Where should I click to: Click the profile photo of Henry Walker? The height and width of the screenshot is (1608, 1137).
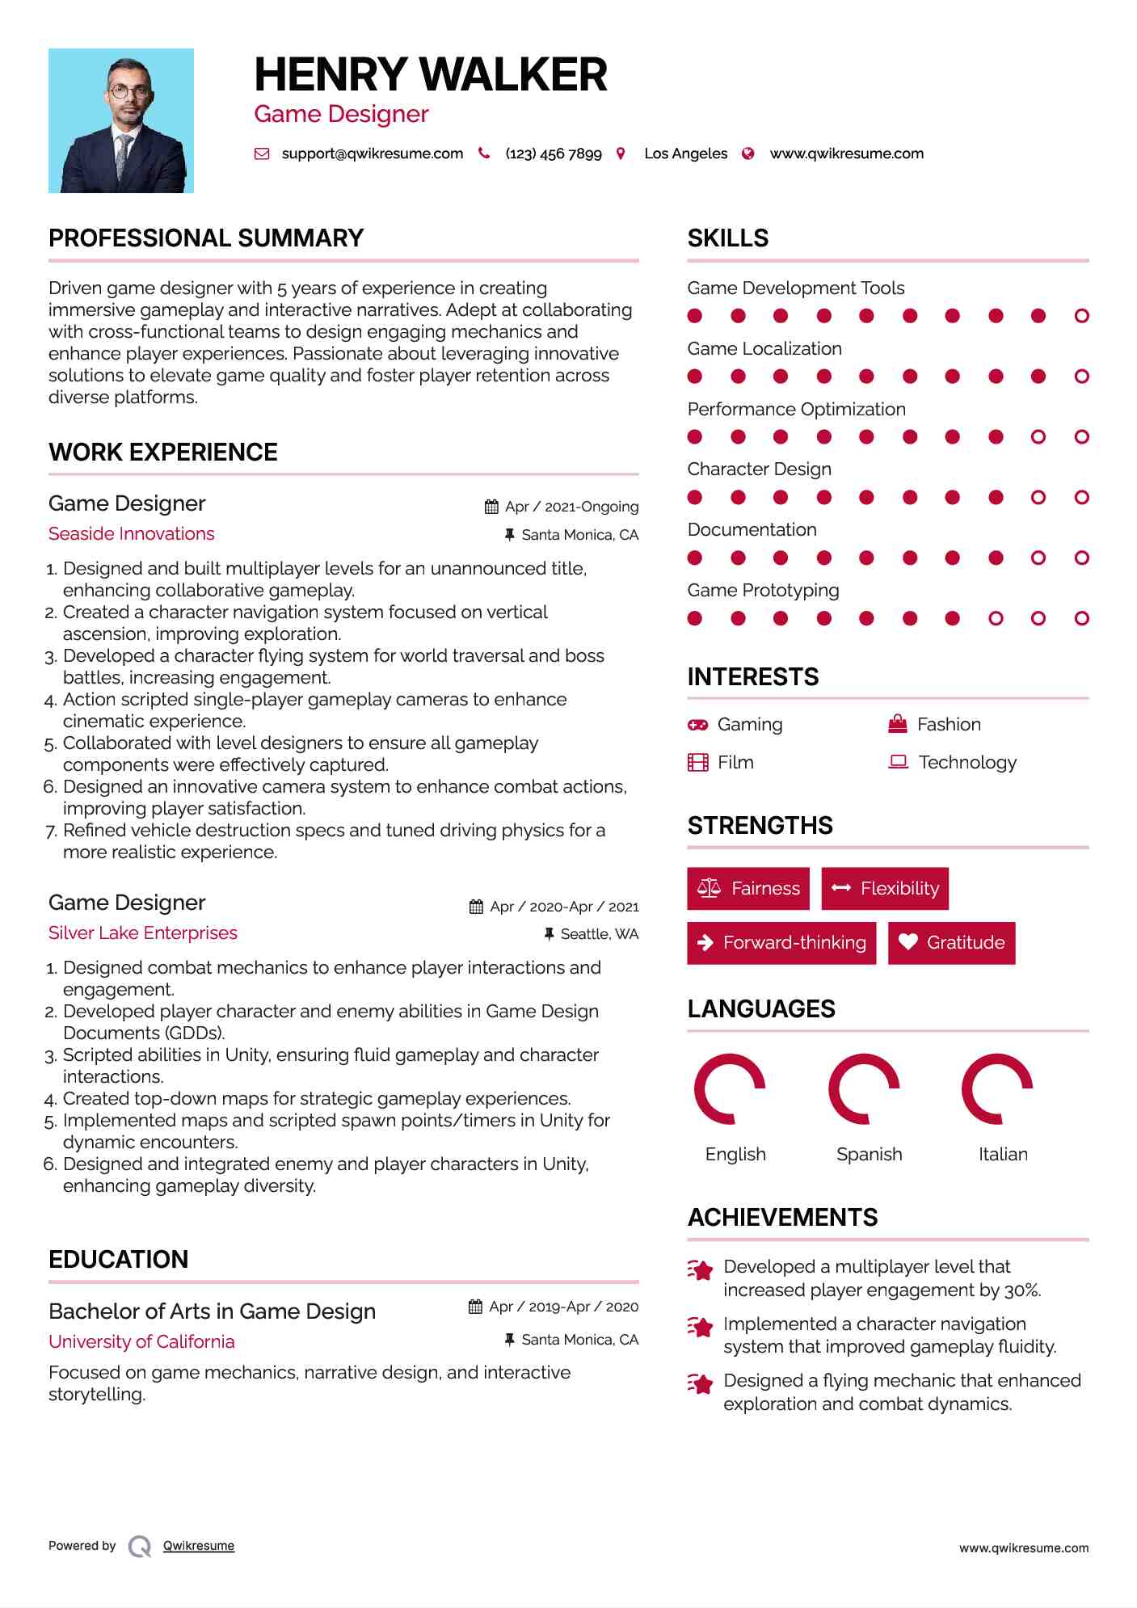121,120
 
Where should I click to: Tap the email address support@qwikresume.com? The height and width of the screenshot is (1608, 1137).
372,154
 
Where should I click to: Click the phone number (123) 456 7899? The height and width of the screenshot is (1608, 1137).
553,154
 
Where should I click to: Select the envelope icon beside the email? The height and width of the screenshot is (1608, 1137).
262,154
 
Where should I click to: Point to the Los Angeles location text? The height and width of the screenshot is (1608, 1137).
685,154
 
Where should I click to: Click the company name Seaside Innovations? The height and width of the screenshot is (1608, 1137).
131,533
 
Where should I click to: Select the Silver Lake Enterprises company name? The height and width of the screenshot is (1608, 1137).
142,932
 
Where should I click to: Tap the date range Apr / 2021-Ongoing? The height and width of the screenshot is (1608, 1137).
571,507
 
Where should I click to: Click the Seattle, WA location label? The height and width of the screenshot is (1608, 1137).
599,934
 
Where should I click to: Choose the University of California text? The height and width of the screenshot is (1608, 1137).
141,1341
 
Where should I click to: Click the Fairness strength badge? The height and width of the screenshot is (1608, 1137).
748,889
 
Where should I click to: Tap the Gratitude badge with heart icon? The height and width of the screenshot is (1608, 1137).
951,942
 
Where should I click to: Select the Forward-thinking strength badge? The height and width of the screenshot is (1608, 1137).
781,942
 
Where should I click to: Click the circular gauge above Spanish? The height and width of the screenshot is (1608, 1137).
864,1089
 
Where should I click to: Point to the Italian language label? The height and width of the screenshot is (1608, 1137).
1003,1154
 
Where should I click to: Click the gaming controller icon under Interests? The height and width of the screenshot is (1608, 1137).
697,725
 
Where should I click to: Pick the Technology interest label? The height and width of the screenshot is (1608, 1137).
967,762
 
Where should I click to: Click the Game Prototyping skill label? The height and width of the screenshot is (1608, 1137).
763,590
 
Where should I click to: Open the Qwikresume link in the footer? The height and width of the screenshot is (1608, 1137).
199,1546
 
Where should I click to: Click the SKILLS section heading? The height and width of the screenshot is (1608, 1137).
727,238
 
